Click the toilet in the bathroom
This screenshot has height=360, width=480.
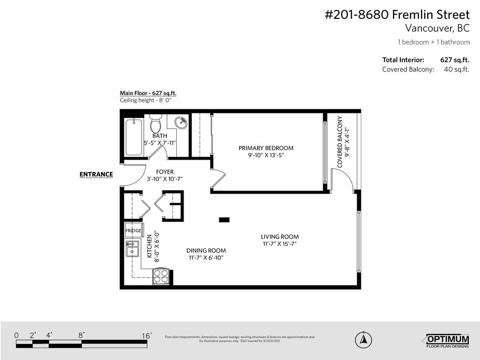click(156, 125)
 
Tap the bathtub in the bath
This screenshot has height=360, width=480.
click(134, 137)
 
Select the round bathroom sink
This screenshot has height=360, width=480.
click(181, 123)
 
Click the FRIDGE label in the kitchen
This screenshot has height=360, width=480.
click(133, 231)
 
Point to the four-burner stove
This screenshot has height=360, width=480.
click(161, 276)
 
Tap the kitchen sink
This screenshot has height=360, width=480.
click(133, 248)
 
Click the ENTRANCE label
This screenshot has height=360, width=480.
click(96, 174)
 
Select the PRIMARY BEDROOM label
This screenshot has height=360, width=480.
click(266, 148)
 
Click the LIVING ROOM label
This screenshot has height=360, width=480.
click(280, 237)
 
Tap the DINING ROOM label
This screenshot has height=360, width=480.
click(206, 250)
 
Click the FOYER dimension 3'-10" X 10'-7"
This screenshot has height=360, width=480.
click(165, 179)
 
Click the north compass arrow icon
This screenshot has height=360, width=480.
click(362, 338)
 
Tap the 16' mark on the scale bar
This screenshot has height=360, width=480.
click(146, 336)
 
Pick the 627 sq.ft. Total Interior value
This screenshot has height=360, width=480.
click(454, 60)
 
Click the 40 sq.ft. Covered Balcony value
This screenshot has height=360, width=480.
click(456, 69)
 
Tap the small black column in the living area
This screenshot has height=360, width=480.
click(224, 219)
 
